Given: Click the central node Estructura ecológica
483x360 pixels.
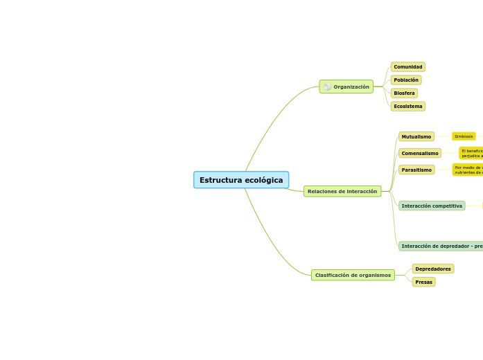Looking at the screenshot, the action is tap(241, 180).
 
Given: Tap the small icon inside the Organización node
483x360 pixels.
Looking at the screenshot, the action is tap(327, 87).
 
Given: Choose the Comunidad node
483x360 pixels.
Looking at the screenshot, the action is tap(407, 67).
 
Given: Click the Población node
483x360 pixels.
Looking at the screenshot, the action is tap(405, 80).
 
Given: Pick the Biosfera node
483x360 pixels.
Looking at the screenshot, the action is tap(404, 93).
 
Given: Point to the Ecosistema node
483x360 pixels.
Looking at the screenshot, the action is tap(407, 107).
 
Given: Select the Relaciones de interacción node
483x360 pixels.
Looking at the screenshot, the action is tap(342, 191).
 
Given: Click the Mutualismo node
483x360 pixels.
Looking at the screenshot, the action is tap(416, 136).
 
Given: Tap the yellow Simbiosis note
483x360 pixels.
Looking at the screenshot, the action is tap(464, 136).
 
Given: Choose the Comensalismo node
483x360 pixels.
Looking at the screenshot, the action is tap(420, 153).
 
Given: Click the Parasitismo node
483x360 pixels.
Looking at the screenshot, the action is tap(416, 170).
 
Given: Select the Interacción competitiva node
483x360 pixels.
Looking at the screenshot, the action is tap(432, 206).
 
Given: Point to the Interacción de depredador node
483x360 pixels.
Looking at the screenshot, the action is tap(441, 246).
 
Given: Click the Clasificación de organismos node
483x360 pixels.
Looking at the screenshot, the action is tap(353, 275).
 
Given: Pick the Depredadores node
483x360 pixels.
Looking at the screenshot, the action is tap(433, 269).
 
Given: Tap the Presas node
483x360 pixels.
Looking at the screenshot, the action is tap(423, 282).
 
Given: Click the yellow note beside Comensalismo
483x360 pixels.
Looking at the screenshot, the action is tap(471, 153).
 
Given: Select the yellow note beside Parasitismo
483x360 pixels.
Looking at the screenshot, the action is tap(468, 170).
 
